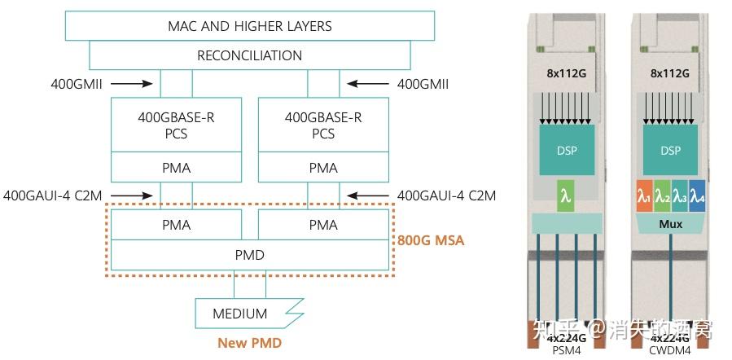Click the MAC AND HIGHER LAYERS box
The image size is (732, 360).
[x=249, y=26]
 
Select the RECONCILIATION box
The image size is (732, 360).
[x=249, y=56]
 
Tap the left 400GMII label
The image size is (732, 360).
[x=74, y=83]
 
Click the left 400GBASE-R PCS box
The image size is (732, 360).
[x=176, y=125]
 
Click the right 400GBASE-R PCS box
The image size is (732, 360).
[x=322, y=125]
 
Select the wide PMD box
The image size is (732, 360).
[x=249, y=255]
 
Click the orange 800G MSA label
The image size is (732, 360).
[x=431, y=241]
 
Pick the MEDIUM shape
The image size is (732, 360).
[x=241, y=313]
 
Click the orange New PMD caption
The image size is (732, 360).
[x=249, y=343]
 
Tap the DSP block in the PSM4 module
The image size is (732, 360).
[x=568, y=151]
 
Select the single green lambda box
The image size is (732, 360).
[x=568, y=197]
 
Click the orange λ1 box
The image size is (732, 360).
[x=644, y=197]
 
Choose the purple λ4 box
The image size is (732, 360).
[x=698, y=197]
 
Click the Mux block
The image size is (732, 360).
[x=671, y=224]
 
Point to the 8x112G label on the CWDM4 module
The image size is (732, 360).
[x=670, y=73]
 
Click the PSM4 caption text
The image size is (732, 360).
[x=568, y=351]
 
